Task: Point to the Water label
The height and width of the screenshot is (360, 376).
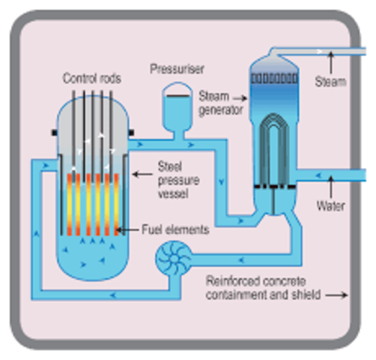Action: tap(330, 205)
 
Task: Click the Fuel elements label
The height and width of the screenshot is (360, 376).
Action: tap(178, 229)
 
